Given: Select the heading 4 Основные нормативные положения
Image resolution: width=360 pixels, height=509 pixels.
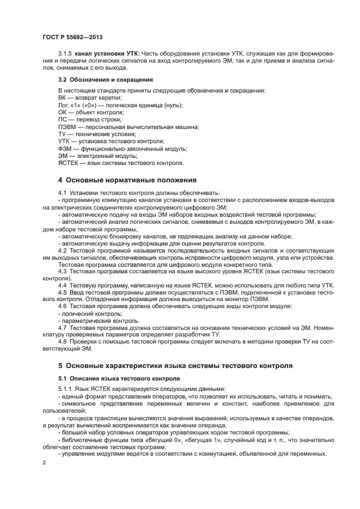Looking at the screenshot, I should coord(127,180).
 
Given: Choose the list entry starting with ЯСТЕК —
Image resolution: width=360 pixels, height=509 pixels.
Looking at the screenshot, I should coord(121,163).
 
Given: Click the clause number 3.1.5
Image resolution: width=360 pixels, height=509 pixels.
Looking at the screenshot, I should coord(65,53).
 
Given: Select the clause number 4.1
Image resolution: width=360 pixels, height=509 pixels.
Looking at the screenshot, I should coord(62,193).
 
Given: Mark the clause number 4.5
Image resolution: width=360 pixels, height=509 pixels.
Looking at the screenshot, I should coord(62,292).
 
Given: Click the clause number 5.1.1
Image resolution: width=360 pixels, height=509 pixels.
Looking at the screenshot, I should coord(65,389).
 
